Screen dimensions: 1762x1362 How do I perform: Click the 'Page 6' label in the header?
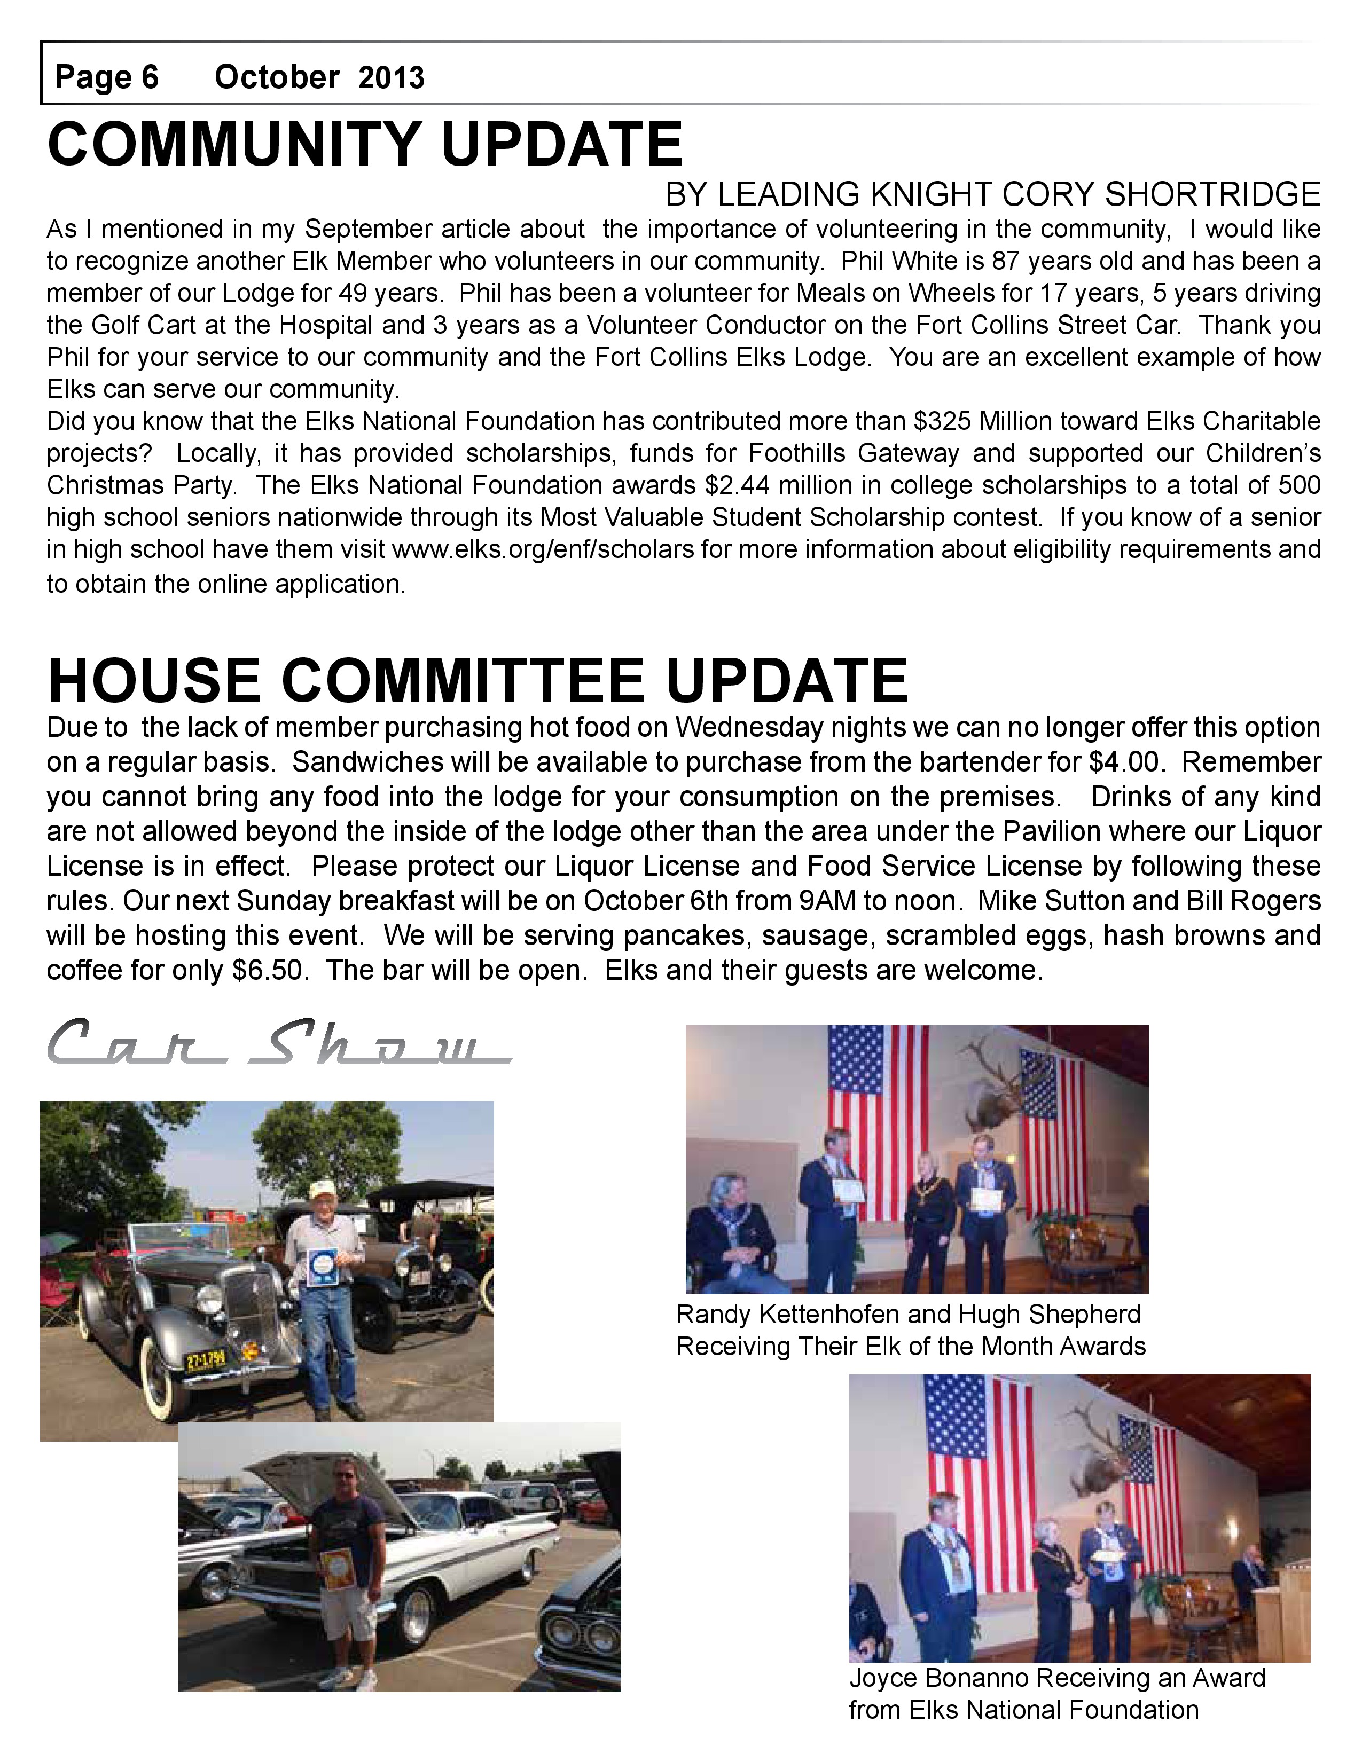(106, 77)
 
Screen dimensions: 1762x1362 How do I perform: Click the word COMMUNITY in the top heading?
(233, 144)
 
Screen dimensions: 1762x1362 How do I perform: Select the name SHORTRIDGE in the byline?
(1212, 194)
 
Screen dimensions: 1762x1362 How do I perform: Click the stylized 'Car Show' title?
(278, 1043)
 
